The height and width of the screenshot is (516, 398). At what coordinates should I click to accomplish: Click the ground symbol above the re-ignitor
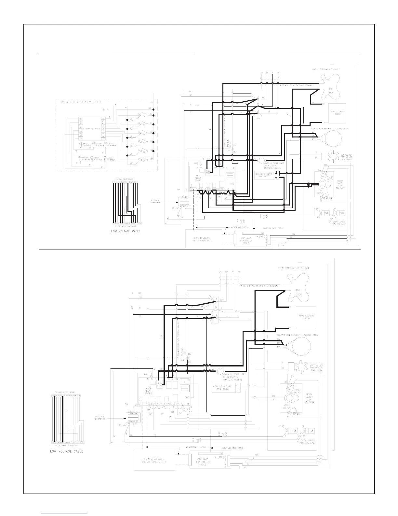104,110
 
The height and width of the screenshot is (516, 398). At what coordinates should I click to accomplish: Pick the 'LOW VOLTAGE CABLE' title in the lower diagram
66,451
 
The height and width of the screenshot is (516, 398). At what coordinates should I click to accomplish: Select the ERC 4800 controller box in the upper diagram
249,240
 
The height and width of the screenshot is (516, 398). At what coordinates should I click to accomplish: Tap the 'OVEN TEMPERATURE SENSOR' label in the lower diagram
293,268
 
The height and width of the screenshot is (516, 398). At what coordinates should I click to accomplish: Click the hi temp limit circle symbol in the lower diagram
220,370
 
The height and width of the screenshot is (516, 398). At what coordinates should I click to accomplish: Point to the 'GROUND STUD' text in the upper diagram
228,144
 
